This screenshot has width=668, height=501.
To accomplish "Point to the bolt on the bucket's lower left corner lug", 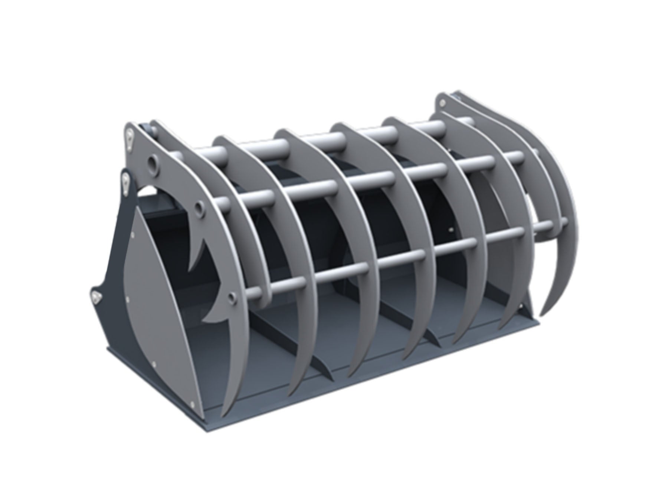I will click(x=96, y=296).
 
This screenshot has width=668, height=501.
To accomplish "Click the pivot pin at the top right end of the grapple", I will click(x=442, y=102).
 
